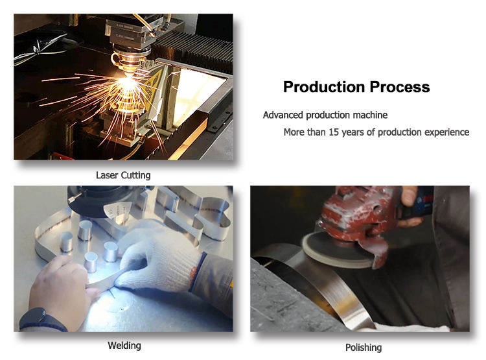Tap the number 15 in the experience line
point(334,132)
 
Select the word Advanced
point(283,115)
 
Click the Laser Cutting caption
point(123,175)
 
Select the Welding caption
point(124,346)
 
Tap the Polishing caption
point(364,348)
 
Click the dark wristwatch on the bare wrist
point(42,320)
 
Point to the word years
point(353,132)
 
